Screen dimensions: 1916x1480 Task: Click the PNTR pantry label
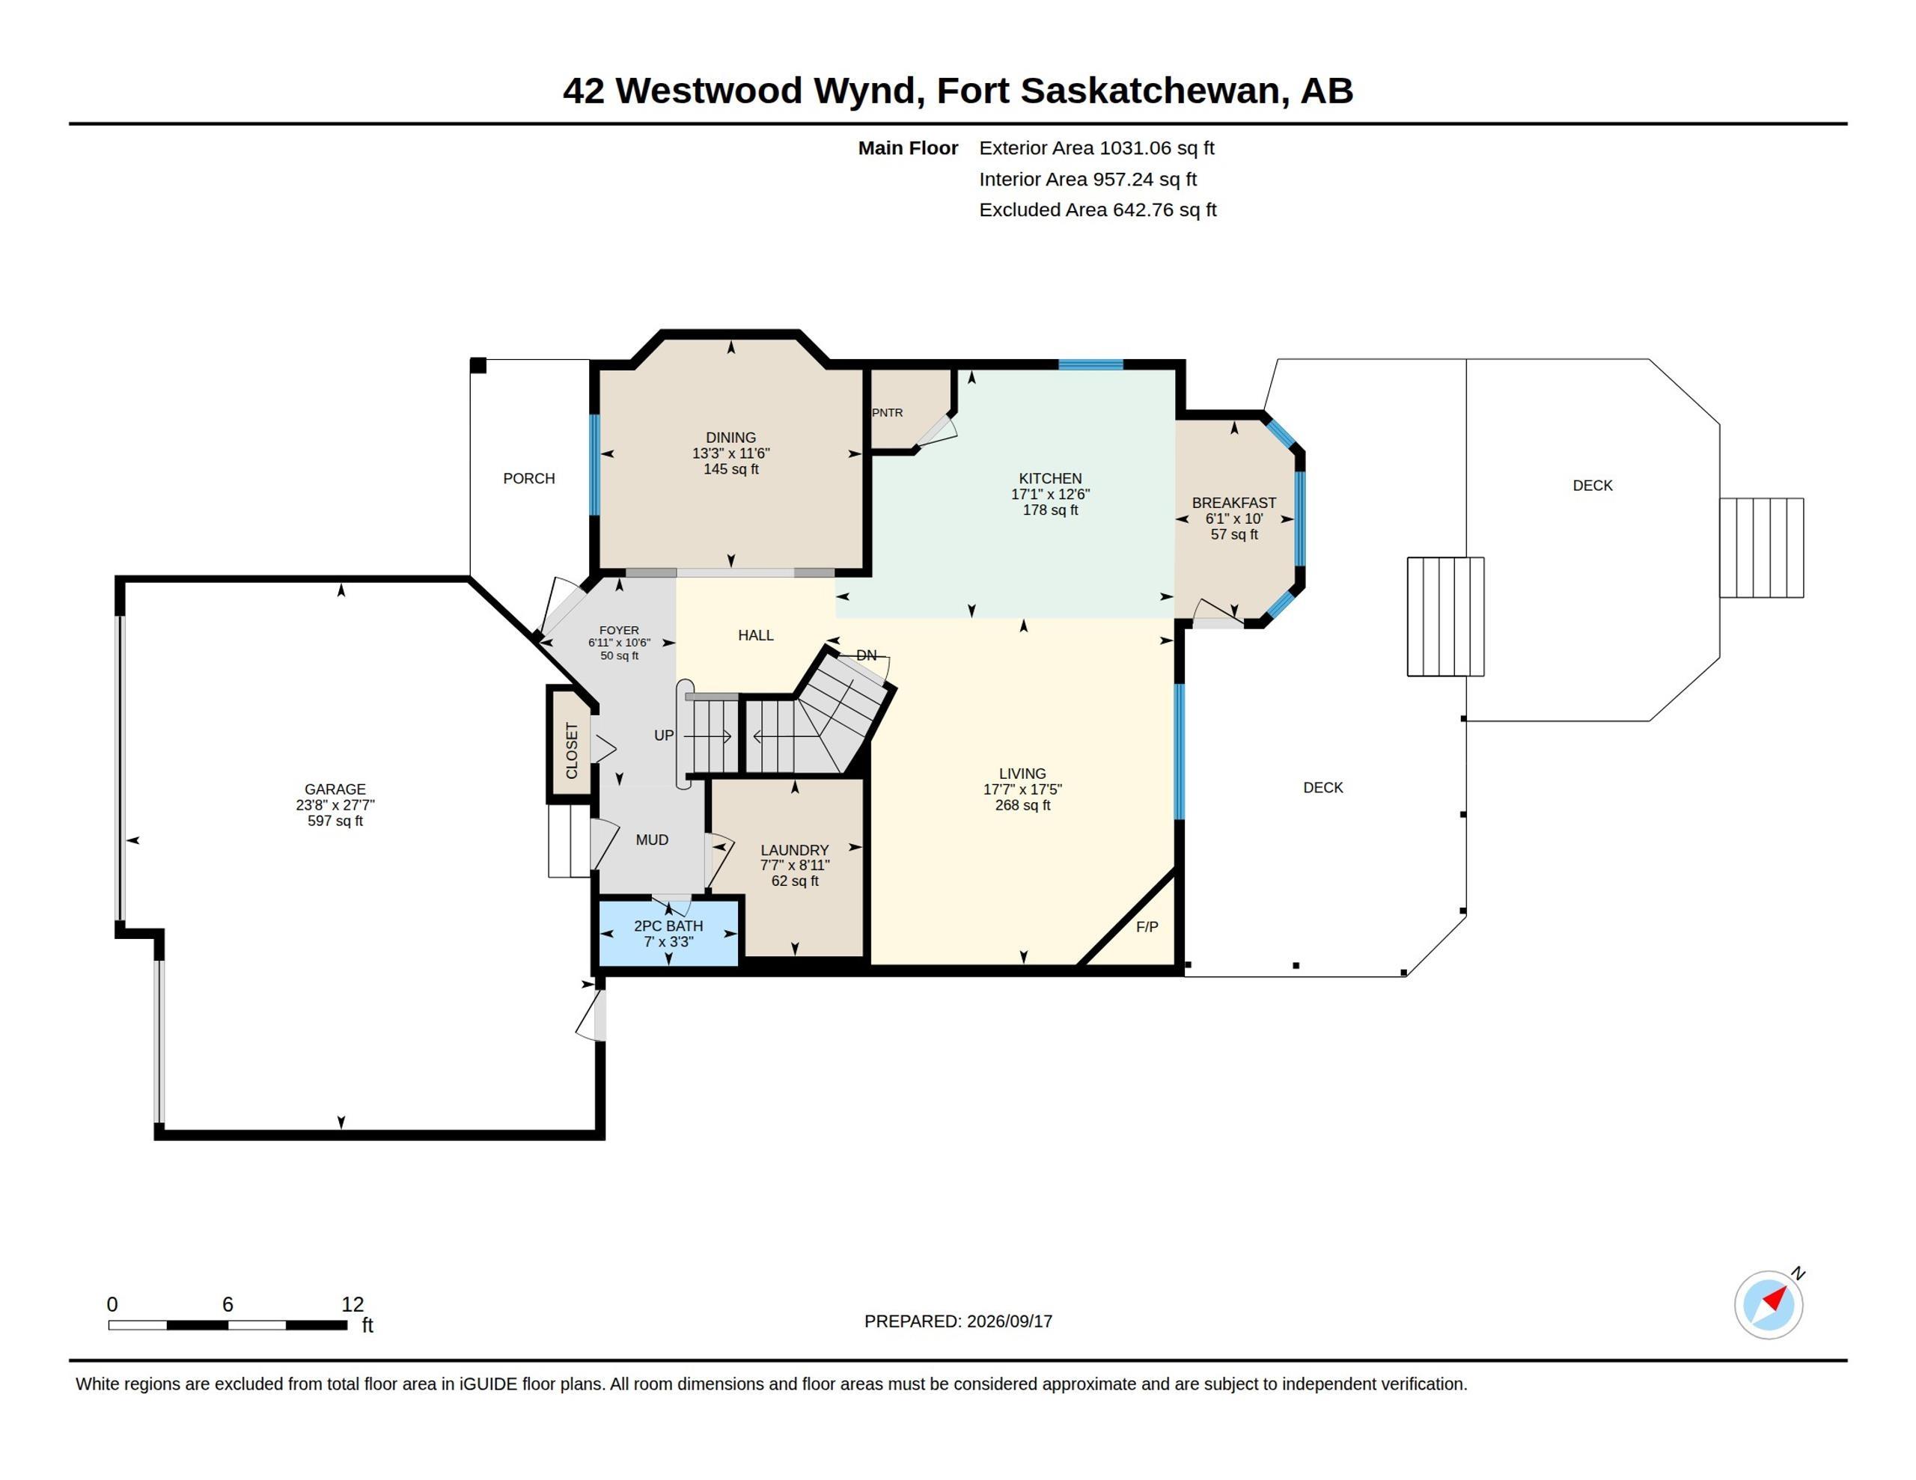887,412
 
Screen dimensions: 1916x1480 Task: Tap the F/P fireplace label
1147,926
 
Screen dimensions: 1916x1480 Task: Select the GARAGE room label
335,789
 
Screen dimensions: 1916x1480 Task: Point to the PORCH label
529,478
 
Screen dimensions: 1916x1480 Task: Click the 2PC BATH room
668,932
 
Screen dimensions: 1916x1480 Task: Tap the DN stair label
866,655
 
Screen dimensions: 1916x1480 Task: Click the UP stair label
664,736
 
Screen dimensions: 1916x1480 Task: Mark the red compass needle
1775,1298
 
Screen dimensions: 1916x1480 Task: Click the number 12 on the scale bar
353,1305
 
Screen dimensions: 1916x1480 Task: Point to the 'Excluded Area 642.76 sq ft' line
1097,210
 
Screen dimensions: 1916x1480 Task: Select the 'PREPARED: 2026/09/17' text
958,1321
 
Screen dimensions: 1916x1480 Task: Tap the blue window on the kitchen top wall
1090,365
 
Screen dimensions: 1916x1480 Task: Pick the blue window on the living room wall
1180,751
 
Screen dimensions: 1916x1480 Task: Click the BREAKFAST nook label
1233,503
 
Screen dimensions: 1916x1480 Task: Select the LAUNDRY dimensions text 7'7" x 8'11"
795,865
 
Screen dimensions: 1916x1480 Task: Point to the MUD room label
652,840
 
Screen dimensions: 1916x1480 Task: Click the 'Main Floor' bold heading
908,148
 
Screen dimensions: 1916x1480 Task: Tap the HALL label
755,635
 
